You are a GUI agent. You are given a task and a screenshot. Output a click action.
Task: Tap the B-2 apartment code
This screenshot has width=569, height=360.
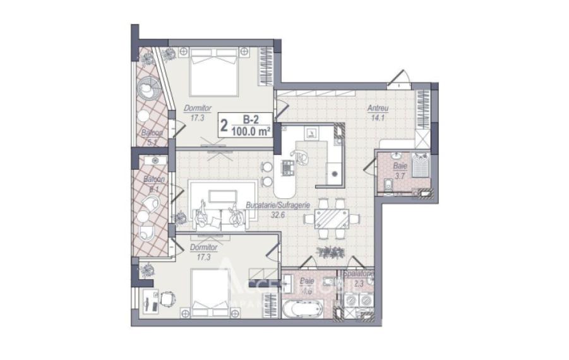(251, 119)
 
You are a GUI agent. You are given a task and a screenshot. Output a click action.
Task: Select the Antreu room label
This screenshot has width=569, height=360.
(378, 108)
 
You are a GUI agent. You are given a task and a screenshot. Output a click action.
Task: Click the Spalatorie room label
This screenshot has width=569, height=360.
(359, 274)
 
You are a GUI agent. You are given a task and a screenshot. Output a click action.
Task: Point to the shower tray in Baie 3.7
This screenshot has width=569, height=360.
(420, 166)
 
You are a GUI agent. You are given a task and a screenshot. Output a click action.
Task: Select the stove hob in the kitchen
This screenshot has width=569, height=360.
(288, 168)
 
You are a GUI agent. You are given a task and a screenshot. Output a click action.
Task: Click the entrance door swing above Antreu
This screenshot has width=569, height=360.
(398, 79)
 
